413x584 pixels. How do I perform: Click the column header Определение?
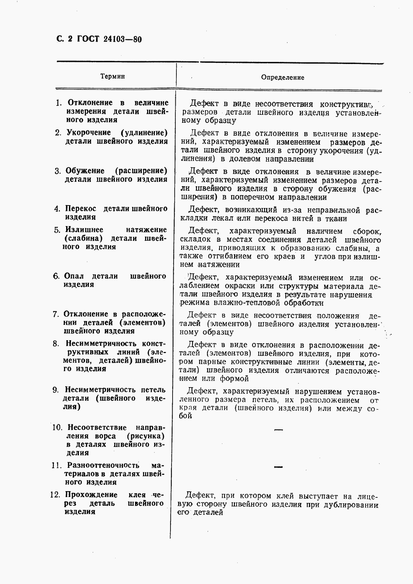[283, 77]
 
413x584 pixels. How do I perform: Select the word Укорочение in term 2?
[89, 133]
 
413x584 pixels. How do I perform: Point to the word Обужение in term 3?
[85, 171]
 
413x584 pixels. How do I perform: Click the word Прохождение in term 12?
[92, 495]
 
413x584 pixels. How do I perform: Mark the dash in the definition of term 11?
[278, 467]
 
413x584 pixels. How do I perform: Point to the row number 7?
[56, 314]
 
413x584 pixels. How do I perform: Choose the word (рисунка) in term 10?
[146, 436]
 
